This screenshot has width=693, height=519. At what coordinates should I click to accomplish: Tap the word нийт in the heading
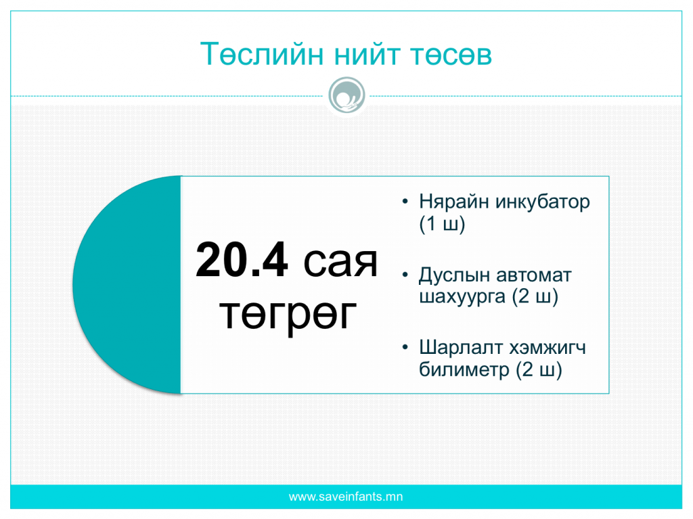click(x=367, y=54)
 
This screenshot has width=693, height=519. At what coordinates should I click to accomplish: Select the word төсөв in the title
click(x=451, y=55)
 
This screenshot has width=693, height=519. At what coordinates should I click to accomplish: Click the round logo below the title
click(x=347, y=95)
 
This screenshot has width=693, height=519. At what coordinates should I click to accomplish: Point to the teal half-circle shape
click(x=128, y=284)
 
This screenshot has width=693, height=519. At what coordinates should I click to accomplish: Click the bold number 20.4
click(x=242, y=261)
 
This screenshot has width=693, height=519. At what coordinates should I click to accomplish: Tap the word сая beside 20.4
click(x=340, y=263)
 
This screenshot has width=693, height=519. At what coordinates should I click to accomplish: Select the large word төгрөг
click(x=288, y=315)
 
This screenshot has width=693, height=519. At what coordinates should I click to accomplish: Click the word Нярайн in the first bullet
click(x=454, y=202)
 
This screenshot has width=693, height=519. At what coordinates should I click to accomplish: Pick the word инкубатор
click(x=543, y=202)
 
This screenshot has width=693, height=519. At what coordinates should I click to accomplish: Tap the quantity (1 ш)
click(x=442, y=224)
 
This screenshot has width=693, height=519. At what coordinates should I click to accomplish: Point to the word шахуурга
click(x=462, y=297)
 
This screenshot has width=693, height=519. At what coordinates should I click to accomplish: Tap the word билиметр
click(x=464, y=369)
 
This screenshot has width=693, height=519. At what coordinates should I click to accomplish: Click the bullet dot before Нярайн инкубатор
click(x=405, y=202)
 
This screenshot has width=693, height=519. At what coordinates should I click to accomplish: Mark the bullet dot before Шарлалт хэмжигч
click(x=405, y=348)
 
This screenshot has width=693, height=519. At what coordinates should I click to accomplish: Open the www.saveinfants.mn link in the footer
click(x=346, y=497)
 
